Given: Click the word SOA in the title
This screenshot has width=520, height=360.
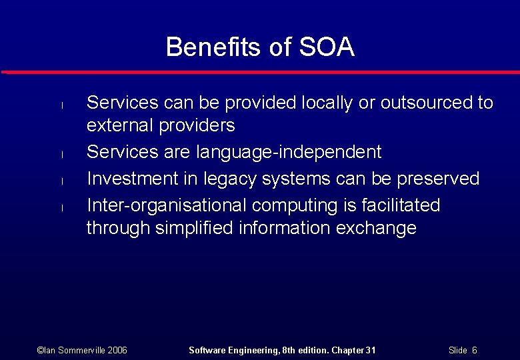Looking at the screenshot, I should tap(327, 47).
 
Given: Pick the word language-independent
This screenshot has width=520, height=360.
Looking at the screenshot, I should tap(289, 152).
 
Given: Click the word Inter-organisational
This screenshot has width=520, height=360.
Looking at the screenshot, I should tap(172, 205).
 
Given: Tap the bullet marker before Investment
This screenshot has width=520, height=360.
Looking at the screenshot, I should tap(61, 181).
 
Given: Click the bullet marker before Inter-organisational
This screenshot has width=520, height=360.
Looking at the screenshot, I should tap(61, 207).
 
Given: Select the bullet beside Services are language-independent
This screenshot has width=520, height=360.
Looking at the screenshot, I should tap(61, 154).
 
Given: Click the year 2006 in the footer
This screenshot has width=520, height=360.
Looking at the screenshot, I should tap(116, 350).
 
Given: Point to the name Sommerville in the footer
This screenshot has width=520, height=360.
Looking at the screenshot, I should tap(77, 350).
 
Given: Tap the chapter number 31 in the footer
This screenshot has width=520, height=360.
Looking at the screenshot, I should tap(370, 350).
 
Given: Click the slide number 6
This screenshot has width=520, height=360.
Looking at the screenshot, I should tap(474, 350).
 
